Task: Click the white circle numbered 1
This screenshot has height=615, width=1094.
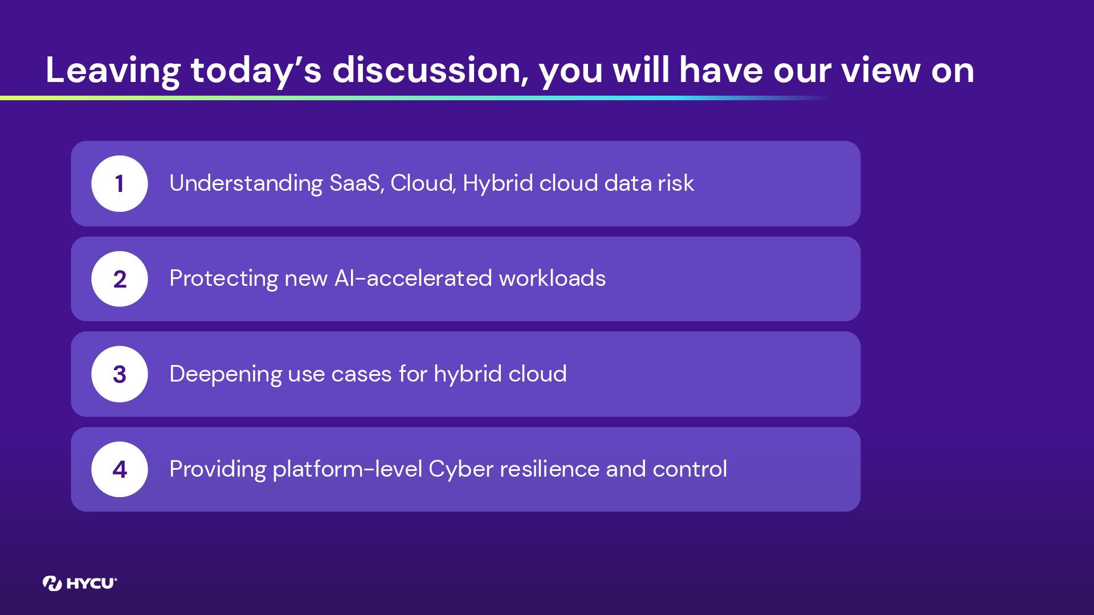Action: (120, 183)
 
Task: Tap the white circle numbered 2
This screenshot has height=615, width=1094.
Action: (120, 279)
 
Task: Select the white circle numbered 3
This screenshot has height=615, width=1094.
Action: (120, 374)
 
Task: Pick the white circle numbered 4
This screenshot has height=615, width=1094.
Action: (120, 469)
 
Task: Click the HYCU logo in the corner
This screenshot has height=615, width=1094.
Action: (80, 583)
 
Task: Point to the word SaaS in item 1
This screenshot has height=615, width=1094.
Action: (356, 183)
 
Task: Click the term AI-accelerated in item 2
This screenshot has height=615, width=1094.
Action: (413, 278)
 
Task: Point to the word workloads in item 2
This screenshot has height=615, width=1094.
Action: (552, 278)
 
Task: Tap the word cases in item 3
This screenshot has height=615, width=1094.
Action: (361, 374)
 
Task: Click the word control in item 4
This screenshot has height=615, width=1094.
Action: (690, 469)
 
